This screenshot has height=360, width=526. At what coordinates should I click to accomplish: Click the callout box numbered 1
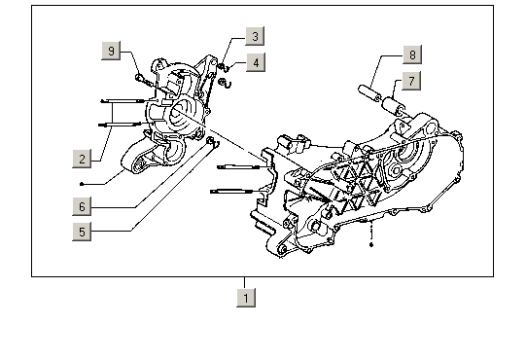click(x=246, y=298)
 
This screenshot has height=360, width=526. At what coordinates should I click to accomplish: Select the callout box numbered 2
click(x=82, y=159)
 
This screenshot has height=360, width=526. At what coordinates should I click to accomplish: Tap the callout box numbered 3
click(x=255, y=36)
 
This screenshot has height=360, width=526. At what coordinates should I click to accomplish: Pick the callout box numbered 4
click(x=256, y=62)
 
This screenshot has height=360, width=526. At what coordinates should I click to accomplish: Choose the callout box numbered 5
click(x=82, y=232)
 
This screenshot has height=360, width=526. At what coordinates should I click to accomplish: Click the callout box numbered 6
click(x=82, y=206)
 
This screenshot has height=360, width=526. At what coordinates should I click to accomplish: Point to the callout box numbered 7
click(x=411, y=81)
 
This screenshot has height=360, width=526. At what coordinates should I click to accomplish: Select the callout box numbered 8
click(x=412, y=54)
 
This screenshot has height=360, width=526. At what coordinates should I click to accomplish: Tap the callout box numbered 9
click(x=111, y=51)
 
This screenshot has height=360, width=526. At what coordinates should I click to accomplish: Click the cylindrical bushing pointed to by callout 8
click(x=369, y=93)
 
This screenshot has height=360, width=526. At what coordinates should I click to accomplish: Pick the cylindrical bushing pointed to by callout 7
click(x=393, y=105)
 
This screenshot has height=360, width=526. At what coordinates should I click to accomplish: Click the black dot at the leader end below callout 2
click(x=82, y=184)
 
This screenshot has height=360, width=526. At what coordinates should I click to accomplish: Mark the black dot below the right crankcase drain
click(x=371, y=245)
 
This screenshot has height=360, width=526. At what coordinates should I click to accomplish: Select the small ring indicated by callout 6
click(x=210, y=140)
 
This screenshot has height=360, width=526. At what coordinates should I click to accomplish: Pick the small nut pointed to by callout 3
click(x=221, y=66)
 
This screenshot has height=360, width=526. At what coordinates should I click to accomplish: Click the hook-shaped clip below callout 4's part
click(x=227, y=84)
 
